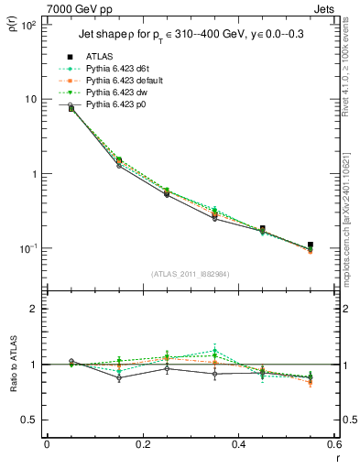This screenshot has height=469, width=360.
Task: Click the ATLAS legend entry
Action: pyautogui.click(x=100, y=56)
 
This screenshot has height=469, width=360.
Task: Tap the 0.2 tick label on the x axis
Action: pyautogui.click(x=143, y=445)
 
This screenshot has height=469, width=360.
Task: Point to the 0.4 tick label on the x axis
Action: pyautogui.click(x=239, y=445)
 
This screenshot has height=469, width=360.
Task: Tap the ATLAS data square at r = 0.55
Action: pyautogui.click(x=311, y=245)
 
